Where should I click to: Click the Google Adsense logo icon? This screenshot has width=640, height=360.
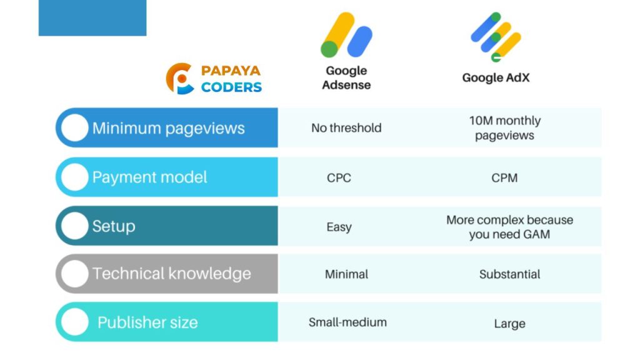pyautogui.click(x=346, y=35)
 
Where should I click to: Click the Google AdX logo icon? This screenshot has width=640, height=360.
pyautogui.click(x=496, y=37)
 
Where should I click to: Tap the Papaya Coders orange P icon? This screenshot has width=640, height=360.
pyautogui.click(x=179, y=78)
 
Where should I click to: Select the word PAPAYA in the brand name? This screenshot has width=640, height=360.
pyautogui.click(x=231, y=71)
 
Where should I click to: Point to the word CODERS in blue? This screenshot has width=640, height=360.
pyautogui.click(x=231, y=87)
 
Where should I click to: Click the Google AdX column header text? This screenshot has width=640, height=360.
pyautogui.click(x=496, y=77)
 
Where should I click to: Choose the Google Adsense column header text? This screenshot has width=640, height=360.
pyautogui.click(x=346, y=77)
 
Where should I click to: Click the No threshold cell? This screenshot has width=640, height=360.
pyautogui.click(x=346, y=127)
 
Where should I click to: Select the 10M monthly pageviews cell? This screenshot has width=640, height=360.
pyautogui.click(x=504, y=127)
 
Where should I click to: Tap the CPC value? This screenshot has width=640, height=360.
pyautogui.click(x=339, y=178)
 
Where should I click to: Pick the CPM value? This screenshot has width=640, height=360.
pyautogui.click(x=504, y=178)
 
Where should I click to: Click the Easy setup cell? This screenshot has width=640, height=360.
pyautogui.click(x=339, y=227)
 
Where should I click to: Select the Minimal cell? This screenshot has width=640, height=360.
pyautogui.click(x=346, y=274)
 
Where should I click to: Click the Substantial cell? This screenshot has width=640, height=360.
pyautogui.click(x=509, y=274)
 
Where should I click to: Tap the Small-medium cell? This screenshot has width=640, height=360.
pyautogui.click(x=347, y=322)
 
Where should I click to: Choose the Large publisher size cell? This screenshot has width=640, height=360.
pyautogui.click(x=509, y=324)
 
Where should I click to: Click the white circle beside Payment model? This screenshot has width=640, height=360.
pyautogui.click(x=75, y=177)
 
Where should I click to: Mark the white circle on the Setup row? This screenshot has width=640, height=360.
pyautogui.click(x=75, y=226)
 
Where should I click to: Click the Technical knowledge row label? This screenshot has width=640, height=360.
pyautogui.click(x=171, y=274)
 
